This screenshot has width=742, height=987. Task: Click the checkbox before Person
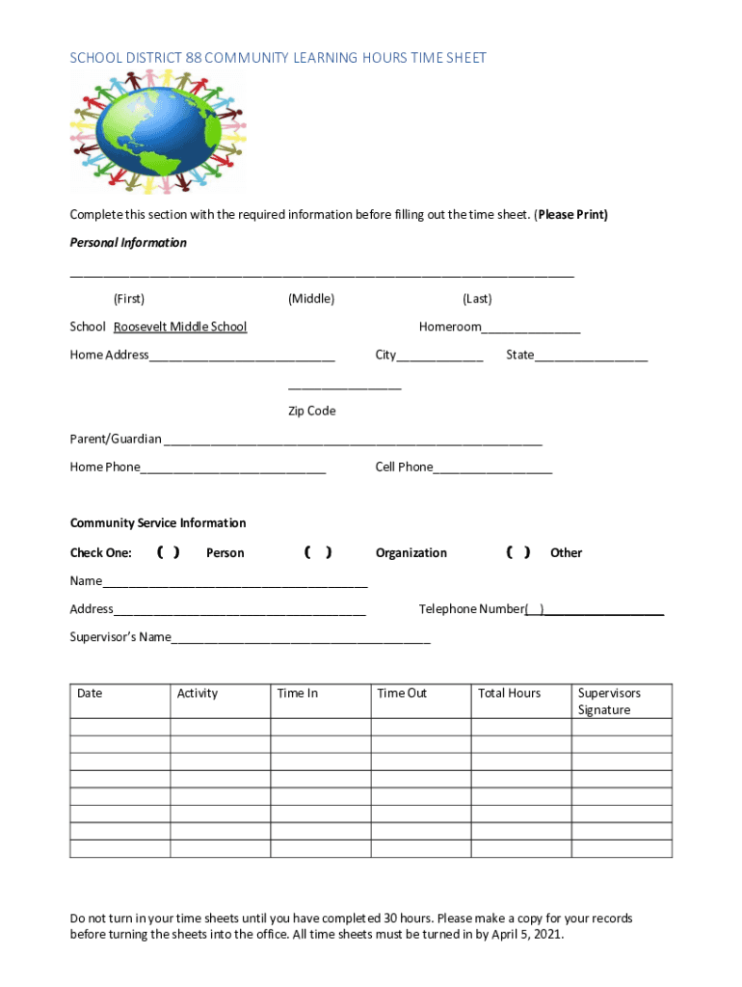[168, 552]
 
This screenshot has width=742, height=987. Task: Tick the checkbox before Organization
[318, 552]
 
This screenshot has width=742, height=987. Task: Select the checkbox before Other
[517, 552]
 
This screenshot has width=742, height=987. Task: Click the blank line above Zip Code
[344, 385]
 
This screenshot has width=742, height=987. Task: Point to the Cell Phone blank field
[492, 469]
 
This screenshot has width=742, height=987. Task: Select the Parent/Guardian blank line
[353, 441]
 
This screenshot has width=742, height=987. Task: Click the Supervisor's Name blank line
[301, 639]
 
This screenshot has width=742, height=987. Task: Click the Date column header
[90, 693]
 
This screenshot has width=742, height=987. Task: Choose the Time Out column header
[402, 693]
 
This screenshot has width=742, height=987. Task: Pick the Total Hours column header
[509, 693]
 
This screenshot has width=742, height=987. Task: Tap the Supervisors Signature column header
[609, 701]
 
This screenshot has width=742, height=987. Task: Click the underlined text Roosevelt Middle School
[180, 327]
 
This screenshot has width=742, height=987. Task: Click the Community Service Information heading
[158, 523]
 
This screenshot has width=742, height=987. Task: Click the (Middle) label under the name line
[311, 299]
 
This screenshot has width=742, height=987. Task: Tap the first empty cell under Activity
[221, 727]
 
